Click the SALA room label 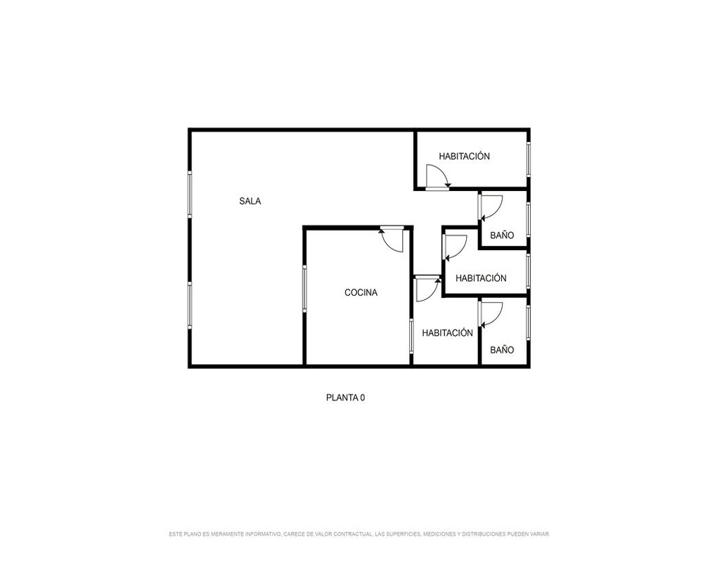tap(250, 201)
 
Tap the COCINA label tap(361, 293)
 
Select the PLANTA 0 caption tap(345, 398)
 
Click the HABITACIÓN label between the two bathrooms tap(481, 278)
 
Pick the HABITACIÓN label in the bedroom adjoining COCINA tap(447, 333)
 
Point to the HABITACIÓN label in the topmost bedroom tap(464, 157)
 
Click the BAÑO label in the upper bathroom tap(502, 235)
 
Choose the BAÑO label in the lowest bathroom tap(502, 350)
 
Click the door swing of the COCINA tap(392, 240)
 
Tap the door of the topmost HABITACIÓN tap(437, 177)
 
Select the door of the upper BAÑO tap(491, 207)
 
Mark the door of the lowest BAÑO tap(491, 315)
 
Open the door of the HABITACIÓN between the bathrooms tap(455, 247)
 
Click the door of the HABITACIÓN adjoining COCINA tap(427, 289)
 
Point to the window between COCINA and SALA tap(304, 288)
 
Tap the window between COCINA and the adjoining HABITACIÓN tap(411, 336)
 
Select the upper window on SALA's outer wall tap(190, 195)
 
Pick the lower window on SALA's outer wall tap(190, 305)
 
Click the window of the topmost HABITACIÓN tap(529, 159)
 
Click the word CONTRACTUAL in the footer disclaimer tap(353, 534)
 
